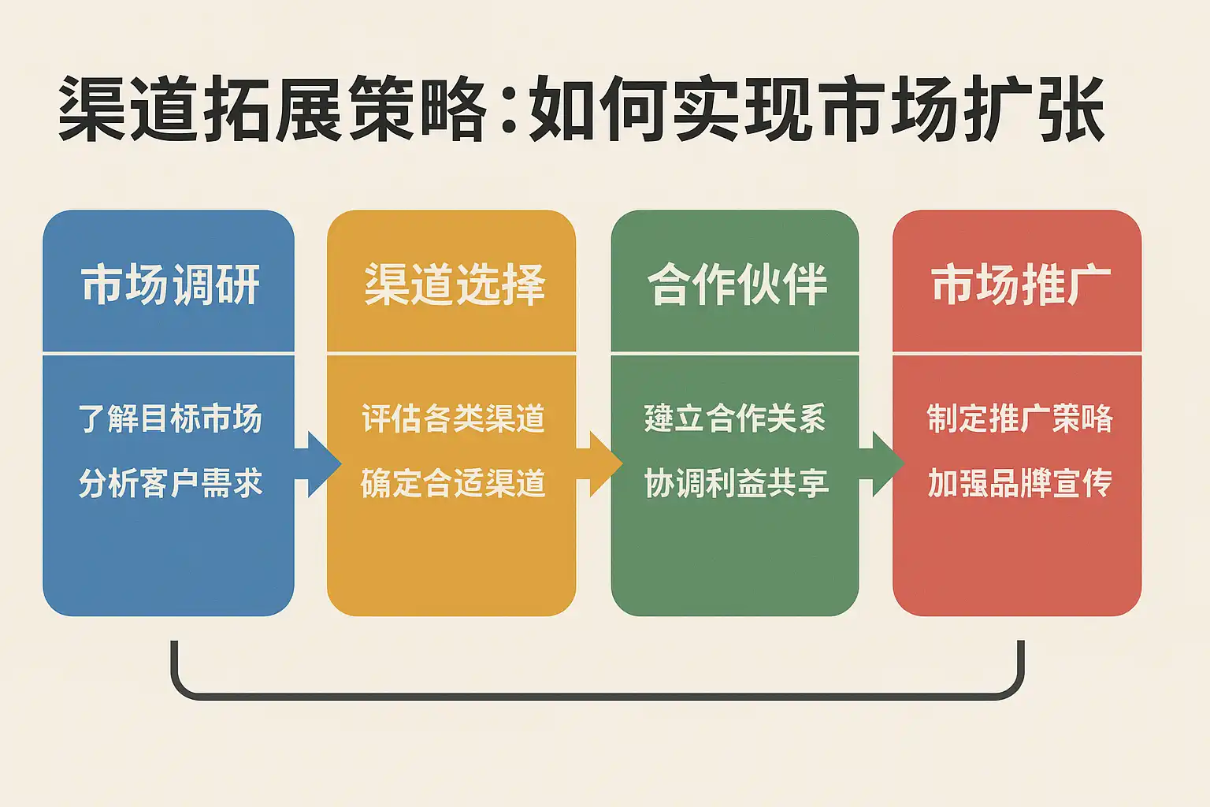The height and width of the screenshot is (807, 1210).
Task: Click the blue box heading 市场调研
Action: [170, 284]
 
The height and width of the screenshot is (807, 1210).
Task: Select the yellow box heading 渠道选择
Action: [455, 284]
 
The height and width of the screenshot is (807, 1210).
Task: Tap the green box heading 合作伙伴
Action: [737, 284]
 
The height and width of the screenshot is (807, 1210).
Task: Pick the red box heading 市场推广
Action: [1020, 284]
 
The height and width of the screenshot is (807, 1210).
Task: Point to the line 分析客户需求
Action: [170, 482]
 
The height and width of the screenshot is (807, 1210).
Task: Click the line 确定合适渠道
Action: [453, 482]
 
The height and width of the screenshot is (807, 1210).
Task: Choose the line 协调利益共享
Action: [736, 482]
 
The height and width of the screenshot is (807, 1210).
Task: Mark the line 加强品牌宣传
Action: [1020, 482]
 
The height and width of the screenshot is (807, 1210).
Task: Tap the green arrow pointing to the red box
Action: [882, 463]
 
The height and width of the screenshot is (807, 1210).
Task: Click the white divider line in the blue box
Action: [169, 354]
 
